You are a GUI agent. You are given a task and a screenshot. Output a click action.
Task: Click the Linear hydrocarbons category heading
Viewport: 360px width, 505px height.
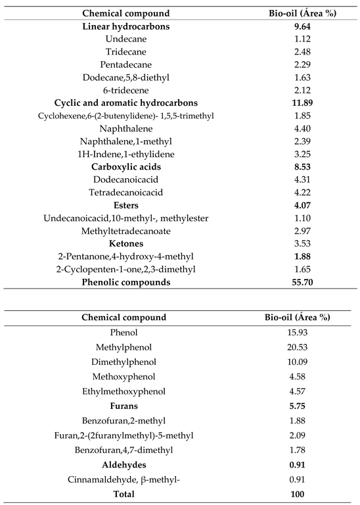click(x=126, y=27)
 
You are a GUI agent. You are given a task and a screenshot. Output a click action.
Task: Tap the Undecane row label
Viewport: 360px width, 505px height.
click(x=126, y=39)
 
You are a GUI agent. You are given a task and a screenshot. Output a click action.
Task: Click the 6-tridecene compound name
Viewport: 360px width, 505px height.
click(x=126, y=90)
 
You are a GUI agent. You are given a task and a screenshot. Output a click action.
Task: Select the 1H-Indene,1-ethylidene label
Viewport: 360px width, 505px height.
click(x=126, y=154)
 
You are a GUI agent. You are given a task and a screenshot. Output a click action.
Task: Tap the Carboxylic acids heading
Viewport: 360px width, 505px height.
click(x=126, y=167)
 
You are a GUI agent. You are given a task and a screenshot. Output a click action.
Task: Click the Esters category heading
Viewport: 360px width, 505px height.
click(x=126, y=205)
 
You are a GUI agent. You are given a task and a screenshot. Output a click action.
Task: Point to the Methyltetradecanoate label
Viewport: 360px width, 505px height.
click(x=126, y=231)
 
